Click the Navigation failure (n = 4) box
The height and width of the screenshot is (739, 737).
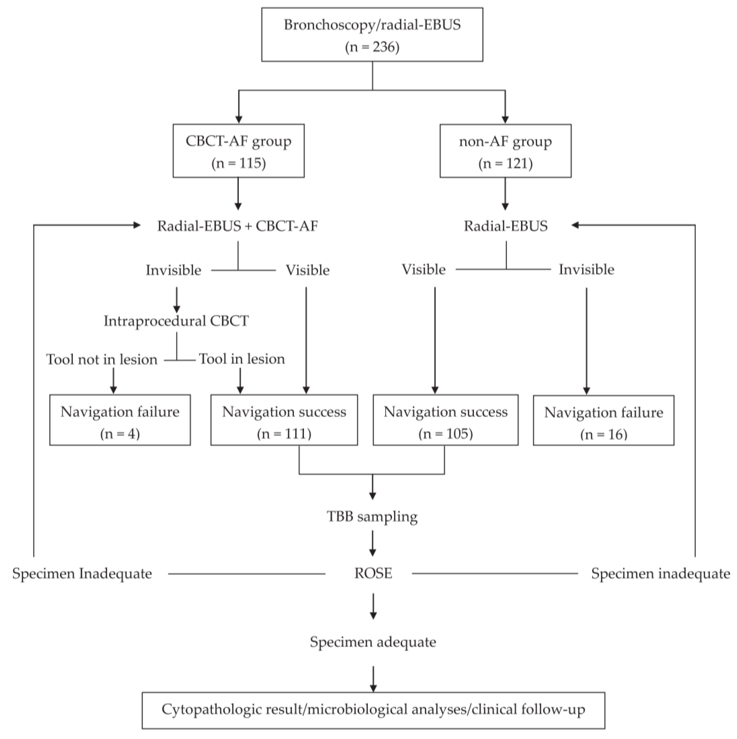(x=120, y=420)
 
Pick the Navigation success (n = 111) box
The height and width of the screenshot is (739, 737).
(x=284, y=420)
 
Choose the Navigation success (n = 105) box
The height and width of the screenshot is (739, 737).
(x=446, y=420)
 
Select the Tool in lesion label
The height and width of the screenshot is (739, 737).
(x=242, y=359)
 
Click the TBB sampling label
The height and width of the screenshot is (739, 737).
(x=372, y=516)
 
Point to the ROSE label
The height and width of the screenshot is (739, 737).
(x=373, y=573)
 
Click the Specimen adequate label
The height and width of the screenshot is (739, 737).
(x=373, y=642)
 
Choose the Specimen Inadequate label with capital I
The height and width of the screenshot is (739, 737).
(x=82, y=574)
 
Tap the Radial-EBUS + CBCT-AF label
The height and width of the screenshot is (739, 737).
(x=238, y=226)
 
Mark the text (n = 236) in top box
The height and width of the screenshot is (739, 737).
(x=372, y=47)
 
